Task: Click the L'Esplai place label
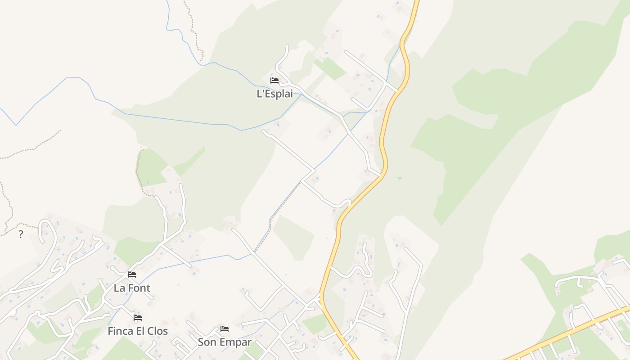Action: pyautogui.click(x=274, y=94)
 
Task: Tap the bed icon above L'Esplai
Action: pyautogui.click(x=274, y=81)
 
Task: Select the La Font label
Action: pyautogui.click(x=132, y=288)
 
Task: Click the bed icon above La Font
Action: pyautogui.click(x=132, y=274)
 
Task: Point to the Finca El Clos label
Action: pyautogui.click(x=138, y=331)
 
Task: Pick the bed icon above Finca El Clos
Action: pyautogui.click(x=138, y=318)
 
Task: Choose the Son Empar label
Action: pyautogui.click(x=225, y=342)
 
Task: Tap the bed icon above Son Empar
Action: pyautogui.click(x=225, y=329)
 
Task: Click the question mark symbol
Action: pyautogui.click(x=21, y=234)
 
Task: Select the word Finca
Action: pyautogui.click(x=121, y=331)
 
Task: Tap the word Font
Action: pyautogui.click(x=139, y=288)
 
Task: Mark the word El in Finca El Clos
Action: pyautogui.click(x=141, y=331)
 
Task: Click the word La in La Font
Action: pyautogui.click(x=119, y=288)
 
